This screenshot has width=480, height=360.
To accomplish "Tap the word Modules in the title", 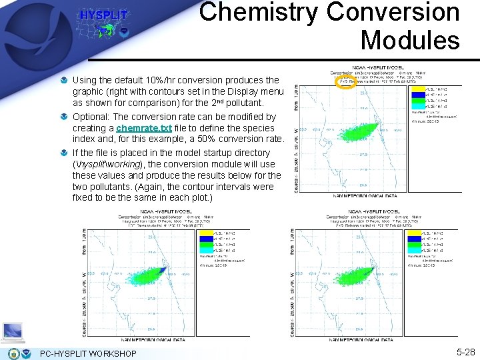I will coord(410,40).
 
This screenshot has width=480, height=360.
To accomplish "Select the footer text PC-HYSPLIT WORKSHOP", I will coord(88,353).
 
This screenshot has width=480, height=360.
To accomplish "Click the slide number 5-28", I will coord(465,351).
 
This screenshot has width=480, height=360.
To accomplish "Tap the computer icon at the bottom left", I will coord(13,331).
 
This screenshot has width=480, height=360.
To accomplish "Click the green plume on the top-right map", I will coord(350,133).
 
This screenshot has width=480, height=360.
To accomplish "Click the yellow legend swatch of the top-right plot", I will coord(417,88).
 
